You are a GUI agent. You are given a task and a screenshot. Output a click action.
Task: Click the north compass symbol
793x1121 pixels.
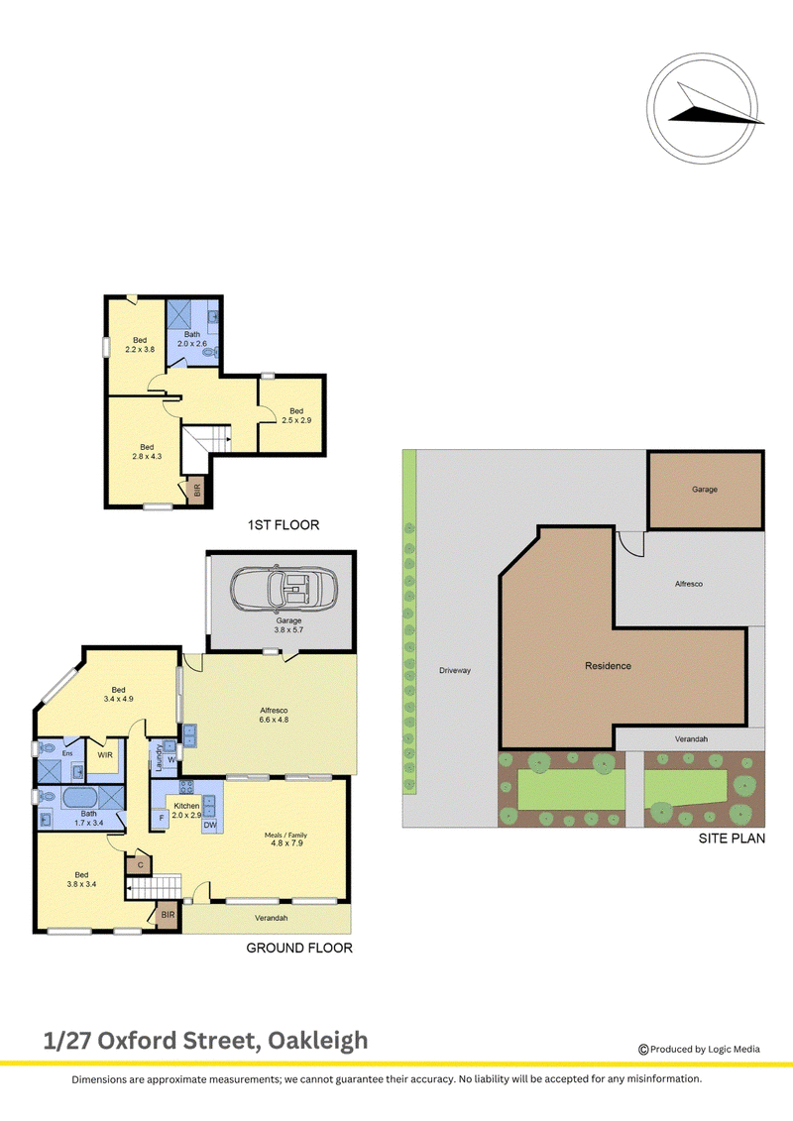click(x=703, y=107)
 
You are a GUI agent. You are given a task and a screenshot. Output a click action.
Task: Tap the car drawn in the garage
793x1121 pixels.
click(x=283, y=591)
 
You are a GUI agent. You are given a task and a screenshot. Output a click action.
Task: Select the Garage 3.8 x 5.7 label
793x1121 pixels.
click(x=288, y=625)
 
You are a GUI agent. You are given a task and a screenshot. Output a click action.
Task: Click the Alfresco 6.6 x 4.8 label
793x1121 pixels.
click(x=274, y=715)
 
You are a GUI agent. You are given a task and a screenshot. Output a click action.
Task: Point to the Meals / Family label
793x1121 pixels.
click(x=285, y=835)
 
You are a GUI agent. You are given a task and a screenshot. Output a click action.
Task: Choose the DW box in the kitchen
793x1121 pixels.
click(x=210, y=825)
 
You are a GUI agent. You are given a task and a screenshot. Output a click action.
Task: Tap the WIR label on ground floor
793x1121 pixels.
click(x=105, y=755)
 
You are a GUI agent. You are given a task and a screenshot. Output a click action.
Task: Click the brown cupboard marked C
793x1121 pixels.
click(x=140, y=865)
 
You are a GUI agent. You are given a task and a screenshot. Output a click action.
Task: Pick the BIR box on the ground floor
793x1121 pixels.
click(x=168, y=915)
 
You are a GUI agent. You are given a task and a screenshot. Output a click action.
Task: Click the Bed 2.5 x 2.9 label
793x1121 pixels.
click(x=296, y=416)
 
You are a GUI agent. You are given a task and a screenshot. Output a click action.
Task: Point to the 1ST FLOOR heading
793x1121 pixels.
click(x=283, y=524)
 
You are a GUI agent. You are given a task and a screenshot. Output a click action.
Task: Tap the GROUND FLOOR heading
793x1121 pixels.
click(x=299, y=948)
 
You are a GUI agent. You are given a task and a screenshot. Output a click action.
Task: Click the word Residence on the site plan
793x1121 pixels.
click(x=608, y=666)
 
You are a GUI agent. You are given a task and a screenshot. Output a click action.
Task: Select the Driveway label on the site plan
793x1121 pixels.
click(x=455, y=671)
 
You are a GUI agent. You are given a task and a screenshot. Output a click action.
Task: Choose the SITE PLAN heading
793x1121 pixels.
click(x=732, y=838)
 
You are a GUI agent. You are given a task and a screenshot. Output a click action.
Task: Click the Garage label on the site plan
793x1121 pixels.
click(x=705, y=490)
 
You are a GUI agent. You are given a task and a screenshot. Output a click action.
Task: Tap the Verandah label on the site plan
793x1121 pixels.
click(x=691, y=738)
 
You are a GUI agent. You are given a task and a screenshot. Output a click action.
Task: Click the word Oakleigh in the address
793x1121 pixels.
click(x=317, y=1041)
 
